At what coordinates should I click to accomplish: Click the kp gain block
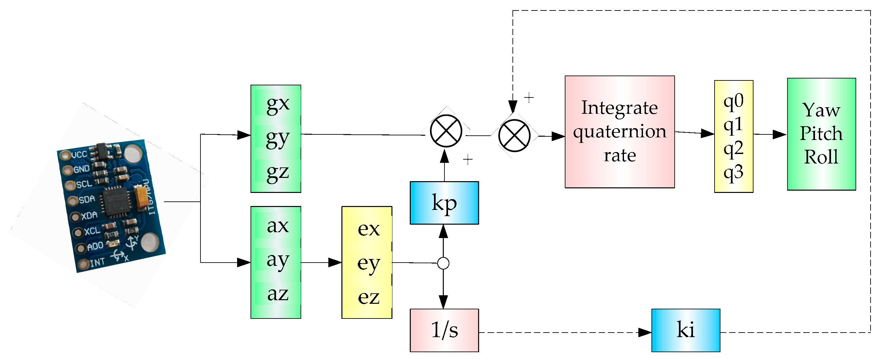point(444,203)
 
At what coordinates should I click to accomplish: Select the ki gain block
point(685,330)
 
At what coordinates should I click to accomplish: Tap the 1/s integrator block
point(444,330)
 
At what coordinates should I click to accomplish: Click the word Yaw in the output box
point(821,110)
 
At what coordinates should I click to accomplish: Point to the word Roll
point(821,157)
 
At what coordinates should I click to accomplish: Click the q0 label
point(733,101)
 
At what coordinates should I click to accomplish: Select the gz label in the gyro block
point(278,172)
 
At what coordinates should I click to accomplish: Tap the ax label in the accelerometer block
point(278,226)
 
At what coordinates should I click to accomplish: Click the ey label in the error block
point(369,263)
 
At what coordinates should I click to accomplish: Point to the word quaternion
point(620,132)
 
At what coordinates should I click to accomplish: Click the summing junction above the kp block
point(446,131)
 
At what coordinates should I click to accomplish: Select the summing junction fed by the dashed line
point(514,135)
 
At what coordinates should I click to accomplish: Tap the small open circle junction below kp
point(443,263)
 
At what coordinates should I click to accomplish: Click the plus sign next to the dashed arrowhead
point(529,98)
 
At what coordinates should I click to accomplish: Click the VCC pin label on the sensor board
point(79,155)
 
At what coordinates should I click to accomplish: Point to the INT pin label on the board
point(97,262)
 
